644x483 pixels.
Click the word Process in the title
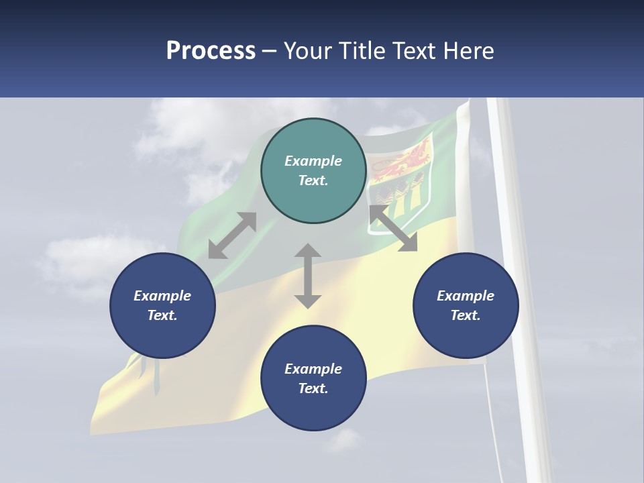coord(211,50)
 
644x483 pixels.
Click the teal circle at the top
coord(313,170)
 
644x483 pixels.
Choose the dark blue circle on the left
coord(162,305)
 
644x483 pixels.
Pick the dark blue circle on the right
coord(466,305)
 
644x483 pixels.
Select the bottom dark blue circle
coord(313,378)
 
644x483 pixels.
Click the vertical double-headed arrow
coord(308,276)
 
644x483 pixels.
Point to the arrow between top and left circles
coord(232,235)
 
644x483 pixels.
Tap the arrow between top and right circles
coord(393,228)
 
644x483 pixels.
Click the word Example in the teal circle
coord(313,161)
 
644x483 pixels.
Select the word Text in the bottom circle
coord(312,388)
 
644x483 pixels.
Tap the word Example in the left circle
coord(162,296)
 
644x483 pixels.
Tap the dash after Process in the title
coord(270,50)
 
